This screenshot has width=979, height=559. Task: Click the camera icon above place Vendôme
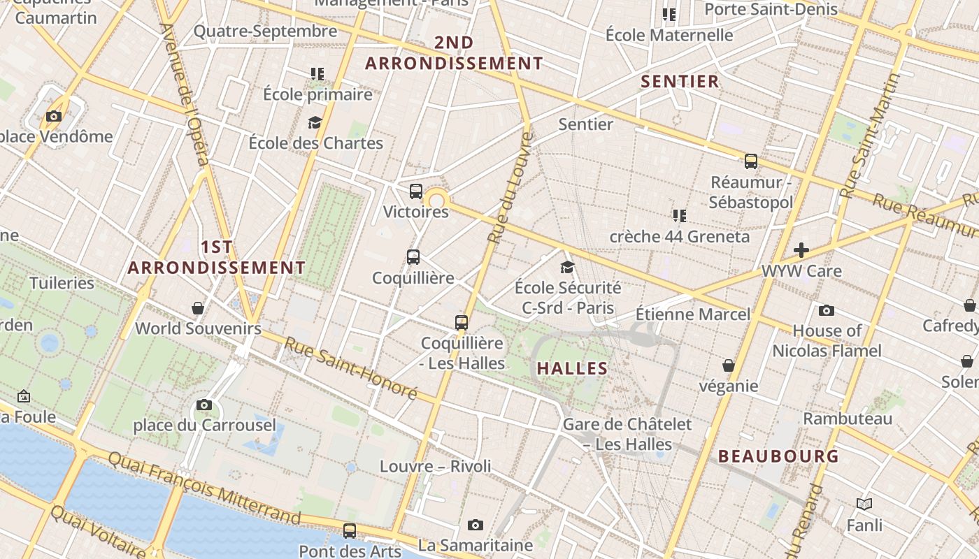tap(54, 117)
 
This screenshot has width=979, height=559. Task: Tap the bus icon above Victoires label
tap(416, 191)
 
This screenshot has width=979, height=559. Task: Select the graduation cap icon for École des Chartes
tap(315, 122)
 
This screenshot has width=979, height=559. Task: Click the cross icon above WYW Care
tap(801, 250)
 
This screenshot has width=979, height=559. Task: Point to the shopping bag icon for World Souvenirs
tap(198, 308)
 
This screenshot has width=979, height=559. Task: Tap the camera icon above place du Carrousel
tap(204, 405)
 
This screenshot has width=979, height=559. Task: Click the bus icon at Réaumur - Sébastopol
tap(751, 161)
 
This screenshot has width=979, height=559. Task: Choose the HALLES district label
tap(572, 368)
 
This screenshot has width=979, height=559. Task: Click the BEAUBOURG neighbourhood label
tap(778, 456)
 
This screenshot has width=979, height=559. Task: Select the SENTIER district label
tap(680, 82)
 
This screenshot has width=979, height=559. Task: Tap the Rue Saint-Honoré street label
tap(350, 368)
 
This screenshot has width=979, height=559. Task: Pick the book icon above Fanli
tap(864, 504)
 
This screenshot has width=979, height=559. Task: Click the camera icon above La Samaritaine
tap(476, 525)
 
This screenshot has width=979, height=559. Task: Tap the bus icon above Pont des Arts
tap(350, 530)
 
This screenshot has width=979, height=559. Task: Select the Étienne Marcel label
tap(692, 314)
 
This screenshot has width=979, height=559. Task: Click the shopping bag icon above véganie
tap(729, 365)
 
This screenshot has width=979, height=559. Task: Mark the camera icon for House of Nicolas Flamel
tap(827, 310)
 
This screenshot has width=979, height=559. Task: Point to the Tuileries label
tap(62, 283)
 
